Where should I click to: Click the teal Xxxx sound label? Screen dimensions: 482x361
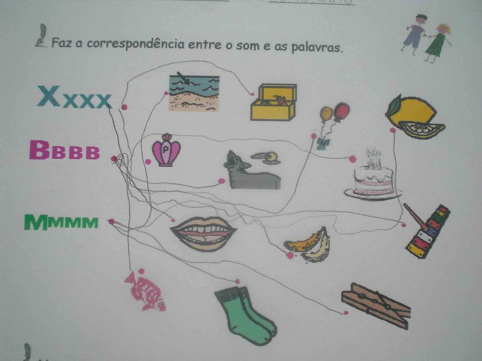click(74, 97)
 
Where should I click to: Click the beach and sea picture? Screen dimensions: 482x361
click(194, 93)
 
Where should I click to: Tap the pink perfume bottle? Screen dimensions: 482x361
click(166, 151)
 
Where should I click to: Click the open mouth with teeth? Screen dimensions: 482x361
click(203, 233)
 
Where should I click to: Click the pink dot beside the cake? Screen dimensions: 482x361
click(353, 159)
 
